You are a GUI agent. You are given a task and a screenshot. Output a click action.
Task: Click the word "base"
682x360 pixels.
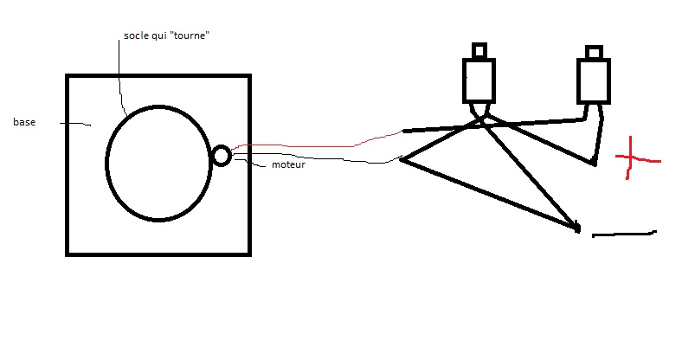(23, 123)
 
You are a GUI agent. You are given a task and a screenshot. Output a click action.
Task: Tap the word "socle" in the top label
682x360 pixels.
(137, 38)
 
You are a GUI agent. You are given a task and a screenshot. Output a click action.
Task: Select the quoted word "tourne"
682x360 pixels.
(190, 38)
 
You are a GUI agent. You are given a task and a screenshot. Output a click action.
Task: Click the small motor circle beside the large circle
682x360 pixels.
(221, 156)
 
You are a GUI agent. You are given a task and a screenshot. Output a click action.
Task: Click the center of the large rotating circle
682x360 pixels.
(158, 164)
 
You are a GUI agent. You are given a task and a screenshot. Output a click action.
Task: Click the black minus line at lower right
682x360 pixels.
(624, 233)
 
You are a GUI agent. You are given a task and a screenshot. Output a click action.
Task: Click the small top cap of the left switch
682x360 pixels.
(479, 50)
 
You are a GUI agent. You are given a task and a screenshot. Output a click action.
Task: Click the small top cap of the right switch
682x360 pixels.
(594, 52)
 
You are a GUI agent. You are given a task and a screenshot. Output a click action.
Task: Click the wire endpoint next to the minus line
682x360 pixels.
(576, 228)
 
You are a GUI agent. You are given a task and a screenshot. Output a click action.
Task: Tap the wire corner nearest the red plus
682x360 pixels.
(594, 163)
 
